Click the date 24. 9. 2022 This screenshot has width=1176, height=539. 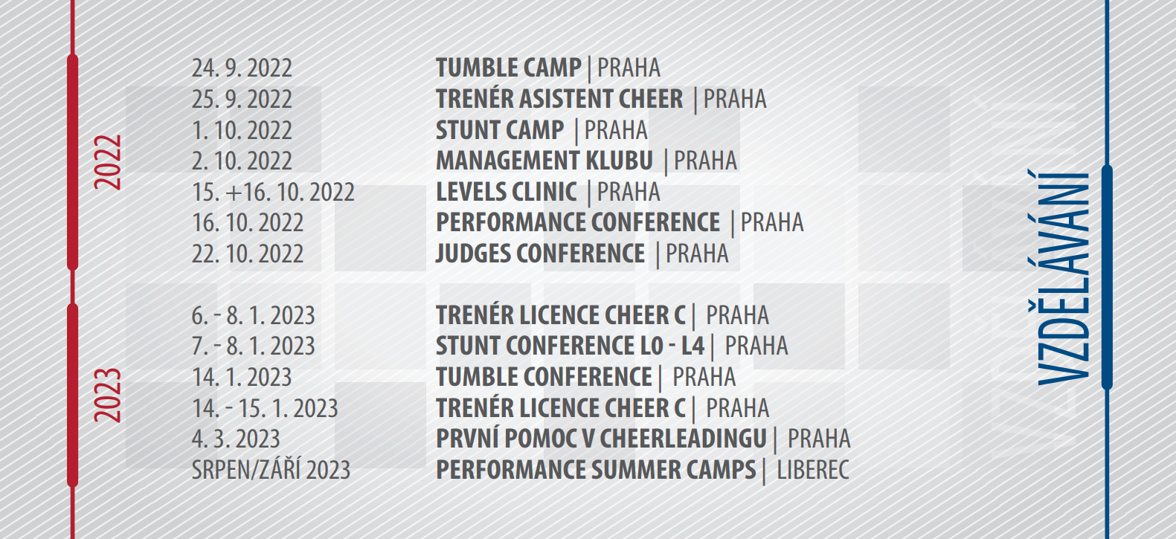(x=242, y=68)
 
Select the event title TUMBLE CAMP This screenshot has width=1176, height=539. (x=508, y=68)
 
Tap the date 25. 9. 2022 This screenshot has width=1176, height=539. (x=242, y=99)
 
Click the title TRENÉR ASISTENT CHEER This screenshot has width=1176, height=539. (x=559, y=98)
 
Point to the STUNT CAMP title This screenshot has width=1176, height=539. (x=500, y=130)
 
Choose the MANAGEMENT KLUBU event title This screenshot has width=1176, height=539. (x=544, y=161)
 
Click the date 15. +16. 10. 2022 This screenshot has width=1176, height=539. (x=273, y=192)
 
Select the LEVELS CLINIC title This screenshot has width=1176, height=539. (x=506, y=192)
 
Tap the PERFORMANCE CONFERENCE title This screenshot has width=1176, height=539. (x=578, y=222)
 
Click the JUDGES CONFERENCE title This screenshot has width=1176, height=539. (x=540, y=254)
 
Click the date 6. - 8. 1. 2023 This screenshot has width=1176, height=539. (x=253, y=315)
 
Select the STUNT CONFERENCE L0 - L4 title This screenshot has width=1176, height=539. (x=571, y=346)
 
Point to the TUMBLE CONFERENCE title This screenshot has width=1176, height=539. (x=544, y=377)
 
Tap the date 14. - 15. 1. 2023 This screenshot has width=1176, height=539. (x=265, y=408)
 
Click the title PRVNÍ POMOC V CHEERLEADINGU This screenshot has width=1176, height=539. (x=601, y=438)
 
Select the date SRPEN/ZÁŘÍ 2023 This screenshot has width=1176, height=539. (x=271, y=469)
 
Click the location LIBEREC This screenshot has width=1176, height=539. (x=813, y=470)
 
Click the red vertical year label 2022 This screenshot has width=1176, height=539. (x=108, y=162)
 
